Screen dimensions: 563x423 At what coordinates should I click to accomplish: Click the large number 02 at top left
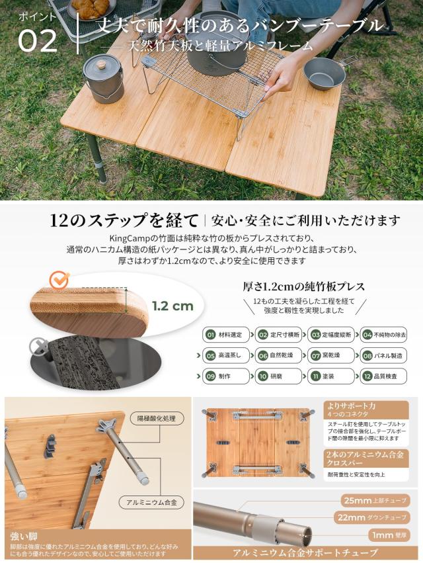click(x=37, y=40)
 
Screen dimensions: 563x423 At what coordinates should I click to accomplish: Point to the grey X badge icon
click(x=39, y=347)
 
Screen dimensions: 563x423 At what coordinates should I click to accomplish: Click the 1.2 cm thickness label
click(x=172, y=306)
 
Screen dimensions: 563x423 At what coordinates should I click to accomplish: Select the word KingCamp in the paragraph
click(x=129, y=238)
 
